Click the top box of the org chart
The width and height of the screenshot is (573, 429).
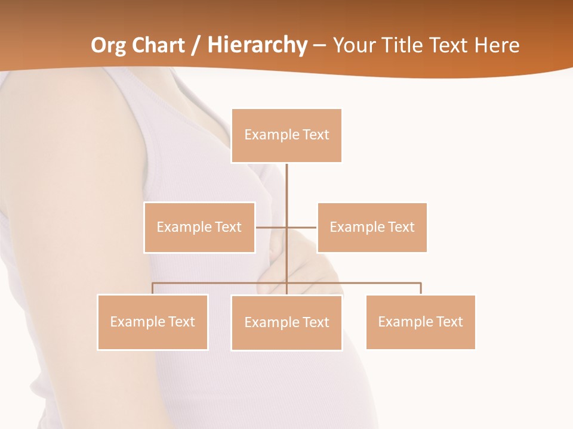[286, 135]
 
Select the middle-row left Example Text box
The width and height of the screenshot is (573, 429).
[199, 227]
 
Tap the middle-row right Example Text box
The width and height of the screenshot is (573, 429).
[372, 227]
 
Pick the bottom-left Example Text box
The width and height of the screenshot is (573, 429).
[153, 322]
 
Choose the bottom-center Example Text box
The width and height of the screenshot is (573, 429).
[286, 322]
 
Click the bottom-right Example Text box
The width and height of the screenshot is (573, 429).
[421, 322]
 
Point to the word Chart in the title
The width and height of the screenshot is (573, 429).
[159, 45]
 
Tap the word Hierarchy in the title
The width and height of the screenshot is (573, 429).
[257, 45]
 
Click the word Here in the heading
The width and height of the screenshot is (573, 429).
[497, 45]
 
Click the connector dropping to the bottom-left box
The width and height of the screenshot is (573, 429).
[153, 288]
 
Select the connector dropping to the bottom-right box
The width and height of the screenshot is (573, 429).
[421, 288]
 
